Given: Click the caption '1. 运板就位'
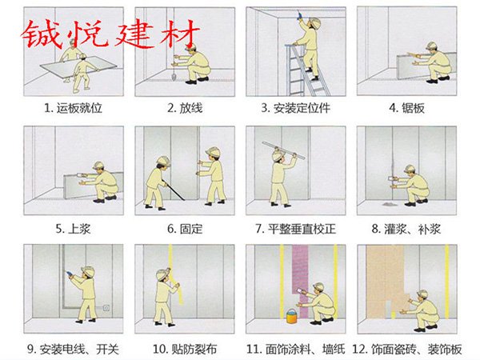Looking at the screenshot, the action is tap(73, 108).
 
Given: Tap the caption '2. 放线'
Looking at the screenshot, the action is tap(185, 108).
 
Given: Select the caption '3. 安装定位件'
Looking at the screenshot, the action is tap(296, 108).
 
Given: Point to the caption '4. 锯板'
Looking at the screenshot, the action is tap(407, 108).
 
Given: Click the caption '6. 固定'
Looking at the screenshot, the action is tap(185, 229).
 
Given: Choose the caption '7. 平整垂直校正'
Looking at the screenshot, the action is tap(296, 229).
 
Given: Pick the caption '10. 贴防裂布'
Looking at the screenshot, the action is tap(185, 349).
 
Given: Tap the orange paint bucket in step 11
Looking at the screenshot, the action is tap(291, 316).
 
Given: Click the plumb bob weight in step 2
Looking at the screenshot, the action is tap(174, 77).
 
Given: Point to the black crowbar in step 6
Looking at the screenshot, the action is tap(174, 190).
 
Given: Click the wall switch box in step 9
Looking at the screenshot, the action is tap(106, 308).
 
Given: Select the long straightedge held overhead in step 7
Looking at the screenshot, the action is tap(283, 150).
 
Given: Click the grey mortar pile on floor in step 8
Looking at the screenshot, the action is tap(388, 203).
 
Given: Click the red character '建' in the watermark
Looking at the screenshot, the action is tap(133, 34).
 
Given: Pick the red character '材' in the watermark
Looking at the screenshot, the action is tap(179, 34).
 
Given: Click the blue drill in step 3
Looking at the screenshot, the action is tap(298, 14).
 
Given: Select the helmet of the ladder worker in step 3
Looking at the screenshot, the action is tap(314, 22).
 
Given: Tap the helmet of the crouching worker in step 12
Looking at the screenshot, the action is tap(422, 294).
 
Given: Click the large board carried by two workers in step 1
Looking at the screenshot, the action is tap(78, 67).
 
